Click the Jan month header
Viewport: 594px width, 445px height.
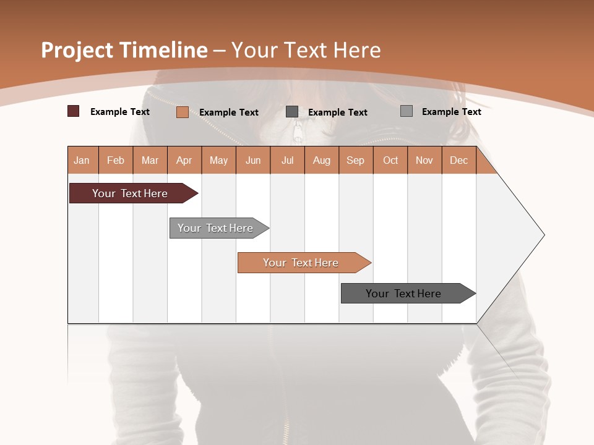(82, 160)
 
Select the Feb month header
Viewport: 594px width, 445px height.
(116, 160)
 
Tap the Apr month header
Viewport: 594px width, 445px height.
(184, 160)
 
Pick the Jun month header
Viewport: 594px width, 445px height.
(253, 160)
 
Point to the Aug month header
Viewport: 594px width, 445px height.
(322, 160)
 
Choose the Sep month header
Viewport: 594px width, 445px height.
(356, 160)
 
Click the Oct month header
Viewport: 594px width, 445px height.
(390, 160)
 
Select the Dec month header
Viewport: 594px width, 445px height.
(459, 160)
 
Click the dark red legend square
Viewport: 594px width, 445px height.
(73, 111)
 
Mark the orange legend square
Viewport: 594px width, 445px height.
(182, 112)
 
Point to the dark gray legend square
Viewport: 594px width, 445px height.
(292, 111)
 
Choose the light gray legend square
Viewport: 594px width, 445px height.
(407, 111)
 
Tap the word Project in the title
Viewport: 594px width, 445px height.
(77, 50)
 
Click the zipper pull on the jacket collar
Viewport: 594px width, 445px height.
(299, 132)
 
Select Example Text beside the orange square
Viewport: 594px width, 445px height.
(228, 112)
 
